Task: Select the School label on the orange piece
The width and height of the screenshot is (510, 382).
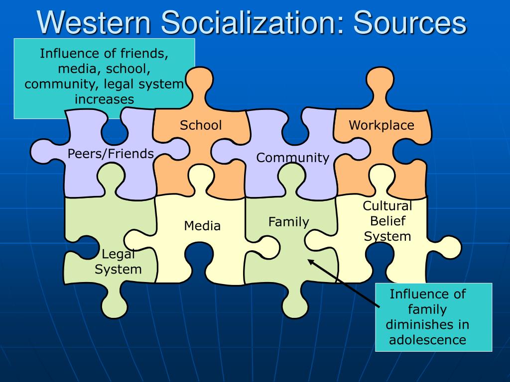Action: (201, 125)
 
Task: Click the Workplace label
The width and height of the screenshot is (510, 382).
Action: (382, 125)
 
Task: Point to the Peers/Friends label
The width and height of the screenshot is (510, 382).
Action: (111, 154)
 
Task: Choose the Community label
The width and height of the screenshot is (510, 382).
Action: (293, 158)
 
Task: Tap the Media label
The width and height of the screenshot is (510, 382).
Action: (202, 226)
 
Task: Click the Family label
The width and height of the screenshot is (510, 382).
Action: (289, 222)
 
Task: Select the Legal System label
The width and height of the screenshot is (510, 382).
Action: (118, 262)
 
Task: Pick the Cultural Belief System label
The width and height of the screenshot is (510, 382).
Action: (387, 221)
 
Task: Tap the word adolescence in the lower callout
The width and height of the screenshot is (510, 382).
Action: (427, 340)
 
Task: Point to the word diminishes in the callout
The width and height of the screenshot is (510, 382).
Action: (427, 324)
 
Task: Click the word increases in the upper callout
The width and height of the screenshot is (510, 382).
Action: (105, 99)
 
